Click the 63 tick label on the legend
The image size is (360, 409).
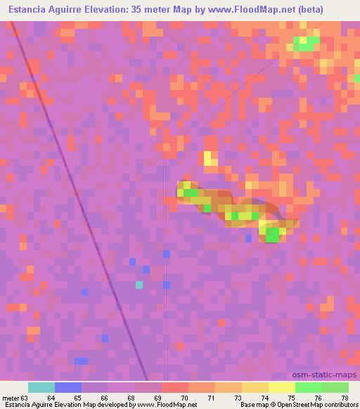tap(25, 397)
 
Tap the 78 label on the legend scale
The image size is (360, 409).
tap(345, 397)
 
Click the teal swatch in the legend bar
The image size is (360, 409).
tap(41, 387)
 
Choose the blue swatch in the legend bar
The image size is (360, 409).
tap(67, 387)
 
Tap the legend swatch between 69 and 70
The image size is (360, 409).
tap(174, 387)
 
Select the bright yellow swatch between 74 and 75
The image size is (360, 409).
tap(281, 387)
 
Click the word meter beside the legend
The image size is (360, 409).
tap(10, 397)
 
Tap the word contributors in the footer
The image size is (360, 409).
tap(337, 405)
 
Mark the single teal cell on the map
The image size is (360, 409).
tap(139, 285)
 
